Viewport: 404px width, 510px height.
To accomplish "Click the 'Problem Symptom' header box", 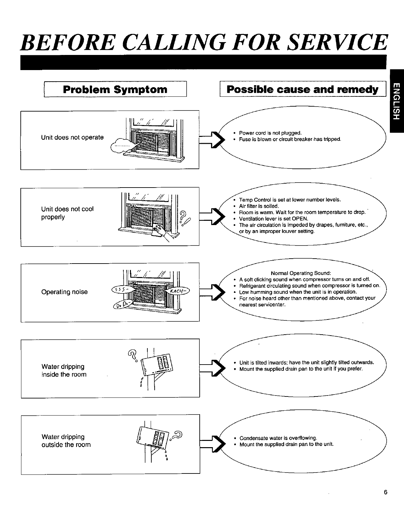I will (115, 89).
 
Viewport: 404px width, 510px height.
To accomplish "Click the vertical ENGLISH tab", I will (396, 101).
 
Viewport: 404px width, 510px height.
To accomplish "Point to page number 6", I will (385, 492).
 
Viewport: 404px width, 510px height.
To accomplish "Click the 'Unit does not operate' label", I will (72, 138).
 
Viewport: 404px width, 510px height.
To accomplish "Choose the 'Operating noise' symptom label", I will (64, 292).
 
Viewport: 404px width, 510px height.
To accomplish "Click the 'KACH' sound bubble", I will (178, 292).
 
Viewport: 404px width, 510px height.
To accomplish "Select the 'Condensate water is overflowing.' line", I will (278, 438).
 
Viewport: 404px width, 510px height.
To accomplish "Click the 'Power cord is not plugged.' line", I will (270, 133).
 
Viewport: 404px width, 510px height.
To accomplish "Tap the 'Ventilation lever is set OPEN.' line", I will (273, 219).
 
